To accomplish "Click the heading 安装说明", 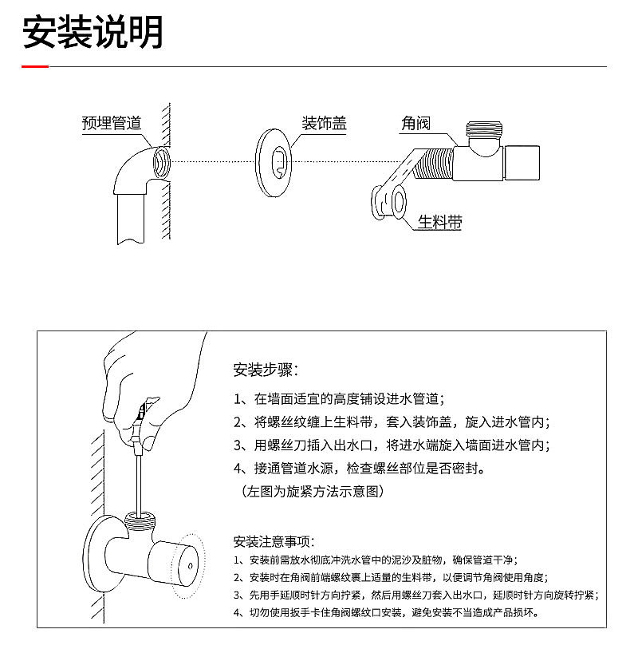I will coord(93,32).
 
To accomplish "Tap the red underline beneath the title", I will coord(34,67).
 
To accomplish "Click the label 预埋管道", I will coord(112,123).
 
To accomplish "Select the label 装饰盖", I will coord(324,123).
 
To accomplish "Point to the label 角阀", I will coord(415,123).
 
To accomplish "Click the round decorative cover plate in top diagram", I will coord(276,161).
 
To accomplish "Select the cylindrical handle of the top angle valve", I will coord(523,162).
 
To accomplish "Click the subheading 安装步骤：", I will coord(266,370).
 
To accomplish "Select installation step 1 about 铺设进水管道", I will coord(339,398).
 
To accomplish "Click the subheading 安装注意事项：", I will coord(274,541).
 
